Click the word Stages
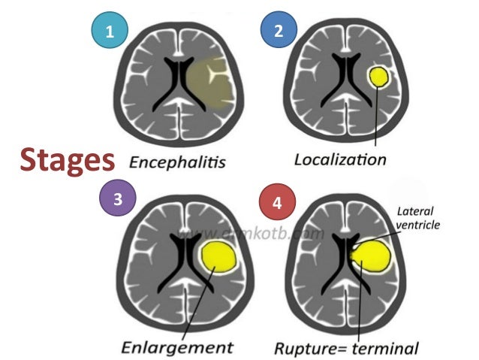(67, 159)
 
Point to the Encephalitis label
(177, 161)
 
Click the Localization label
(339, 159)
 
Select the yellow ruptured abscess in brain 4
(370, 256)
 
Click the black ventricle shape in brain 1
(177, 83)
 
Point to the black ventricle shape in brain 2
(346, 83)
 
